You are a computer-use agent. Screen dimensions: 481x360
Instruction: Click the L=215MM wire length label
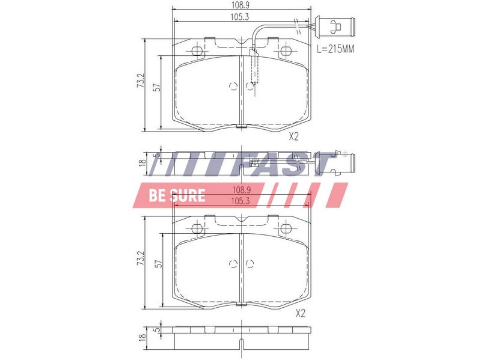335,49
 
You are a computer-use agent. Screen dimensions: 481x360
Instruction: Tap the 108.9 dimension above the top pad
240,5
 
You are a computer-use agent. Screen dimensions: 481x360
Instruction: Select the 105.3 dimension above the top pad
240,17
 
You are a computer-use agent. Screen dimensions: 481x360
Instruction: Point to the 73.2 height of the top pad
141,81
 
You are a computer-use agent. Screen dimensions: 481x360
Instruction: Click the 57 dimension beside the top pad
158,88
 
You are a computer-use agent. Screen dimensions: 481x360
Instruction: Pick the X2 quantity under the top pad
293,136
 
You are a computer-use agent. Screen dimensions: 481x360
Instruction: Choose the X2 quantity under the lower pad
301,313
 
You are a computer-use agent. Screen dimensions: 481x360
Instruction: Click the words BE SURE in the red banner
177,195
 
